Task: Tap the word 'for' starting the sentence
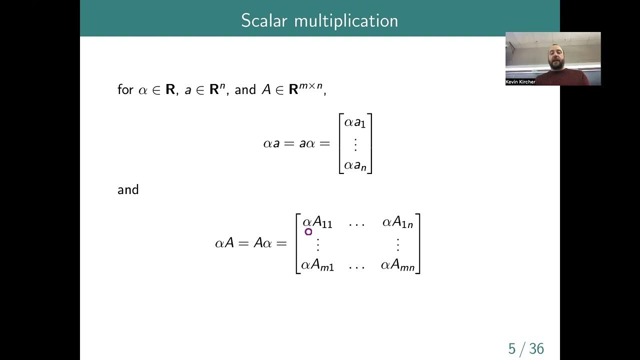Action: pos(125,89)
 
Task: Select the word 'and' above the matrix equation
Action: pos(128,190)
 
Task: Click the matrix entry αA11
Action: pos(317,222)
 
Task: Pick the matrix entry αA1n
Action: pos(397,222)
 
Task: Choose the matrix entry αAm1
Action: pos(317,265)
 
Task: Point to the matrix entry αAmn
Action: pos(397,265)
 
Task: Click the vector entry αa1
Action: pos(355,122)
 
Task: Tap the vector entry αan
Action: pos(355,165)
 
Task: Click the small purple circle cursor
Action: pos(308,231)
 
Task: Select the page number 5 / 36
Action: pos(526,348)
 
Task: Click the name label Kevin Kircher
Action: pos(520,82)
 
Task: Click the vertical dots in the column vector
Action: pos(355,144)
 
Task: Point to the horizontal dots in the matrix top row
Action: pos(356,223)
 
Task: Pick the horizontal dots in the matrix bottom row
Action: pos(356,266)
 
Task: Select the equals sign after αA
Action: pos(244,243)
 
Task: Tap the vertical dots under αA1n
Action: pos(398,244)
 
